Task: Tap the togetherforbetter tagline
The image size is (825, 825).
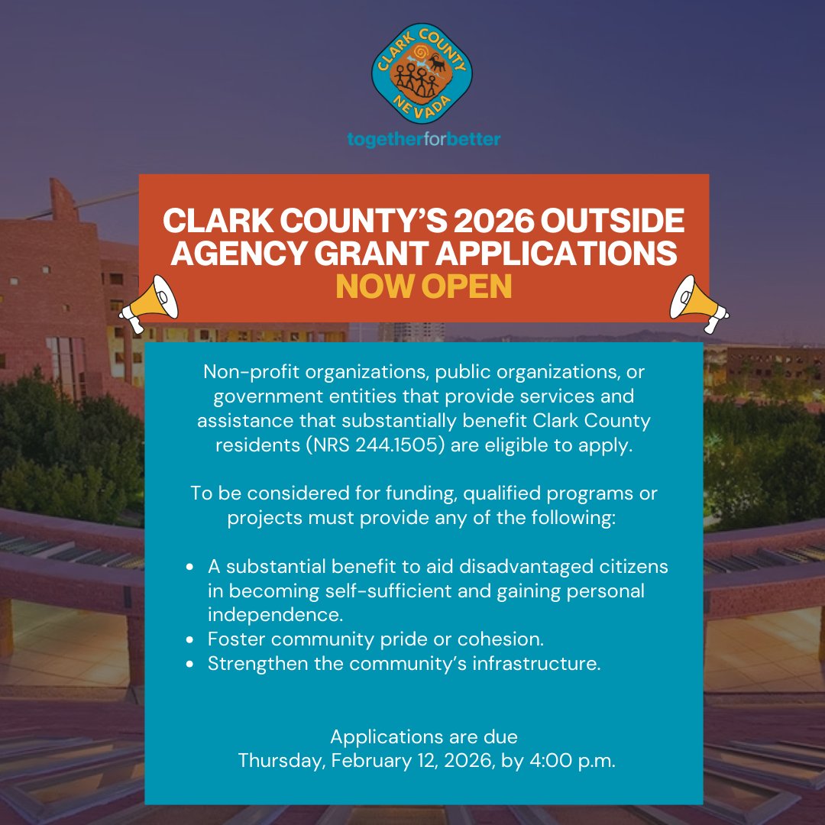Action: pyautogui.click(x=424, y=140)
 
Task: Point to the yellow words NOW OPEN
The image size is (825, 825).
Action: pyautogui.click(x=424, y=286)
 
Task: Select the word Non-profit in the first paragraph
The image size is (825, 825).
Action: pyautogui.click(x=238, y=373)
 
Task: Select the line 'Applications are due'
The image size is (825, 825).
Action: pyautogui.click(x=424, y=737)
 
